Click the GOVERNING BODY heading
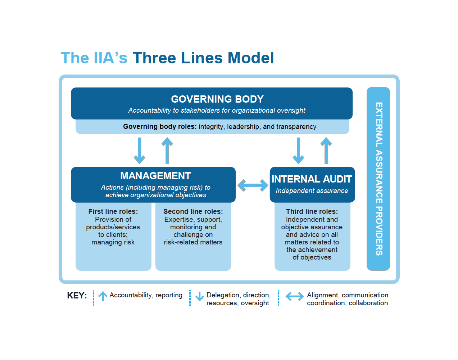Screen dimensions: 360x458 pyautogui.click(x=217, y=99)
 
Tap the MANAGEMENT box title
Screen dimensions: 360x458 pyautogui.click(x=155, y=176)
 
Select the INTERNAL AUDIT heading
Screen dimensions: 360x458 pyautogui.click(x=312, y=179)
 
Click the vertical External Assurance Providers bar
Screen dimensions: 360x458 pyautogui.click(x=378, y=179)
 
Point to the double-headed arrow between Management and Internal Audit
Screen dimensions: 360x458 pyautogui.click(x=253, y=185)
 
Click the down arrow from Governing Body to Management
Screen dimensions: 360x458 pyautogui.click(x=140, y=150)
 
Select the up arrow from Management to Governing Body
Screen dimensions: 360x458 pyautogui.click(x=167, y=150)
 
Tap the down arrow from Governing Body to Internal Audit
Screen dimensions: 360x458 pyautogui.click(x=298, y=150)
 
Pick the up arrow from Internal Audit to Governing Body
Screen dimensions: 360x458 pyautogui.click(x=326, y=150)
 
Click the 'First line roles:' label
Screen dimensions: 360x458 pyautogui.click(x=113, y=211)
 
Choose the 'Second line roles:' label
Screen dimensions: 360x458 pyautogui.click(x=193, y=211)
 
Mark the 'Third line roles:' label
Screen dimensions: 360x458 pyautogui.click(x=312, y=211)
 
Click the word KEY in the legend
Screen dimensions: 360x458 pyautogui.click(x=77, y=296)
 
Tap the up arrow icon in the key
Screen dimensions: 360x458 pyautogui.click(x=103, y=296)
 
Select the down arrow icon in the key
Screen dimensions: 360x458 pyautogui.click(x=200, y=296)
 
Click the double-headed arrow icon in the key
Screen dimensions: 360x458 pyautogui.click(x=295, y=296)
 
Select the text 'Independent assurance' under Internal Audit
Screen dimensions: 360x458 pyautogui.click(x=312, y=191)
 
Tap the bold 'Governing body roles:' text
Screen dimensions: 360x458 pyautogui.click(x=160, y=126)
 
